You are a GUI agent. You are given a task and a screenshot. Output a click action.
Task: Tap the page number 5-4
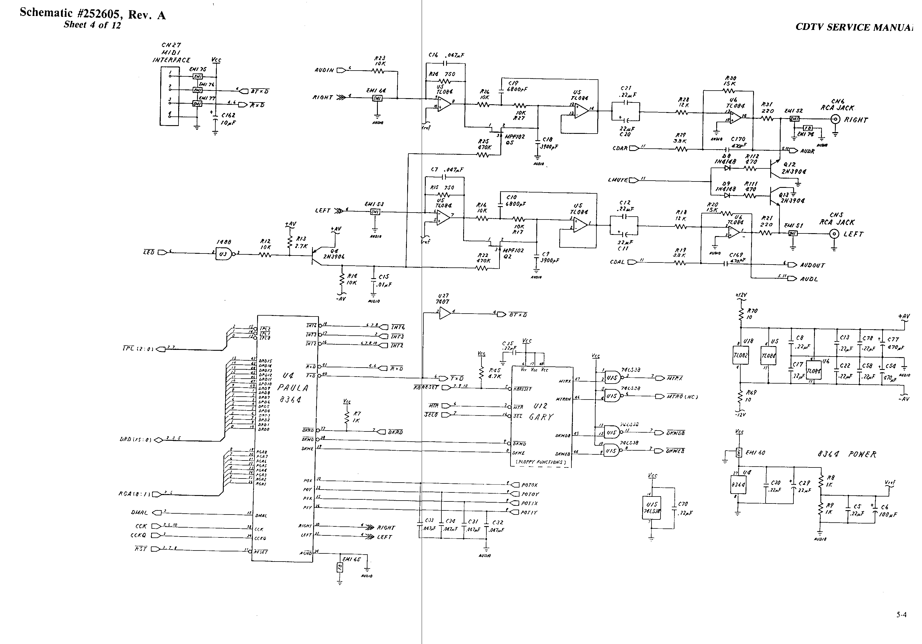(901, 625)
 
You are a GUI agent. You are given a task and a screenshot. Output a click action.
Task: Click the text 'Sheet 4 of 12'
(92, 25)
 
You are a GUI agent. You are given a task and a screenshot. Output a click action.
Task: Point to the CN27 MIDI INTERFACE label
(171, 53)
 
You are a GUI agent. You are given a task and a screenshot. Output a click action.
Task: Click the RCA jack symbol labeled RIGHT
(836, 119)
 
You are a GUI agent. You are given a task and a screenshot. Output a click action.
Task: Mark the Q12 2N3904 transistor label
(793, 168)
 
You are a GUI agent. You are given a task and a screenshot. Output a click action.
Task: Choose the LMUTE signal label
(618, 180)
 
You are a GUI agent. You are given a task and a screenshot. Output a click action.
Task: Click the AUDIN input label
(324, 70)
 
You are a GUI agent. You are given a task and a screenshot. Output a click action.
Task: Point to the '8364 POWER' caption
(847, 454)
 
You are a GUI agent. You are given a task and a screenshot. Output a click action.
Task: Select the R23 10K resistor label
(380, 61)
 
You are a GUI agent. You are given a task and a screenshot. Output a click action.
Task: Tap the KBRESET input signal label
(426, 388)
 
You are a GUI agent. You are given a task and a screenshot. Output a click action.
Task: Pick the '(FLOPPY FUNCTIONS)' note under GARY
(540, 463)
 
